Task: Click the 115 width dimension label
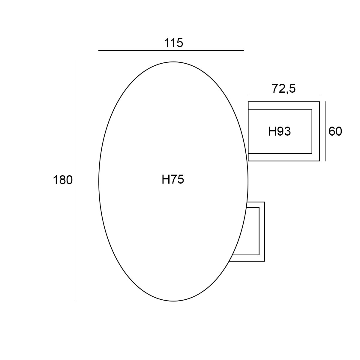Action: (174, 43)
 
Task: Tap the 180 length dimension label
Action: (63, 180)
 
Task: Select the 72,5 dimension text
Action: (283, 88)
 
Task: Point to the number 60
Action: (335, 131)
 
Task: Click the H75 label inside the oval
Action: (173, 179)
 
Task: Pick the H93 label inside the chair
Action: (280, 131)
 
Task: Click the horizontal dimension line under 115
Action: (171, 50)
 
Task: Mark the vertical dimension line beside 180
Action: (76, 181)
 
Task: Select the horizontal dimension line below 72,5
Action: (284, 96)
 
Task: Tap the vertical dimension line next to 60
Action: (325, 131)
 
